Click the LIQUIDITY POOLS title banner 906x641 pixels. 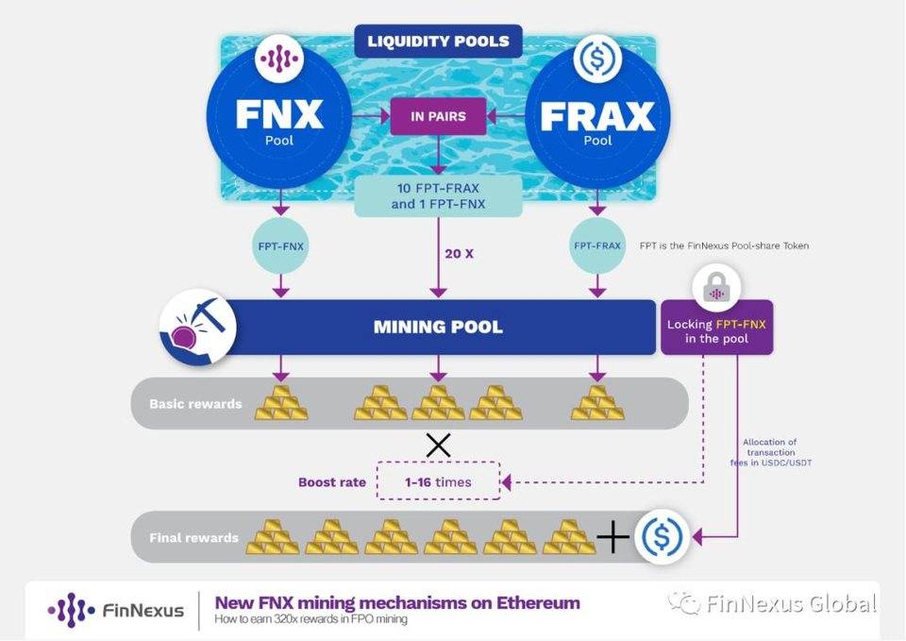437,42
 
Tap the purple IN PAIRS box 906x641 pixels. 437,117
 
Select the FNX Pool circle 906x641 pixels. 278,121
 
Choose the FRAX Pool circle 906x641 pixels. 597,121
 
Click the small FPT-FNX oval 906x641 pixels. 278,245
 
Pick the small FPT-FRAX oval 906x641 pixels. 597,245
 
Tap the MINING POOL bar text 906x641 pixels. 437,328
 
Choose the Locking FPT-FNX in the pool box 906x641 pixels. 717,329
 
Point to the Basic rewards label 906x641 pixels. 195,404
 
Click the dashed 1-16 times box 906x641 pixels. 437,481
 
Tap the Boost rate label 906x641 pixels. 331,482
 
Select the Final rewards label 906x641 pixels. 193,539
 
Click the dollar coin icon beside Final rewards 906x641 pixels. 662,537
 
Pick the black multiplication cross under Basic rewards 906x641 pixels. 437,444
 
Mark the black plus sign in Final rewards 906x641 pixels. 612,538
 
